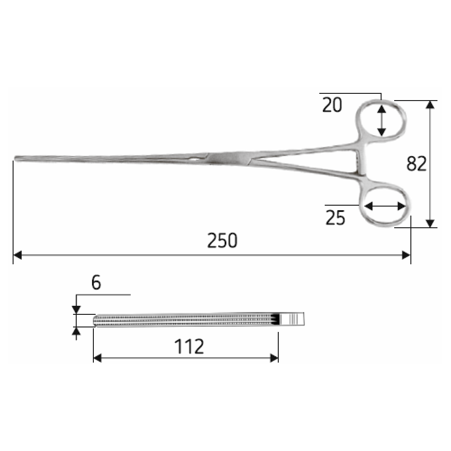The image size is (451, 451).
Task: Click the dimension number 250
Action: pyautogui.click(x=222, y=240)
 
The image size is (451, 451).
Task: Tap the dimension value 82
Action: pyautogui.click(x=416, y=164)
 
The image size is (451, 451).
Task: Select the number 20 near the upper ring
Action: pyautogui.click(x=332, y=105)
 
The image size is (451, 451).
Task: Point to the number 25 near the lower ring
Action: pyautogui.click(x=335, y=218)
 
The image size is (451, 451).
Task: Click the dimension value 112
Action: pyautogui.click(x=189, y=346)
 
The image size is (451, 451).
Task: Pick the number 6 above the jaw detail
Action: pyautogui.click(x=96, y=282)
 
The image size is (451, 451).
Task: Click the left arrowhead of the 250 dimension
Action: pyautogui.click(x=18, y=255)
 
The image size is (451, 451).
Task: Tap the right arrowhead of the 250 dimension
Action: pyautogui.click(x=406, y=255)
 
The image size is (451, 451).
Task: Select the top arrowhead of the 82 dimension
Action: pyautogui.click(x=430, y=105)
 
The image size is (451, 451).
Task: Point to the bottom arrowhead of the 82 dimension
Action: pyautogui.click(x=430, y=224)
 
